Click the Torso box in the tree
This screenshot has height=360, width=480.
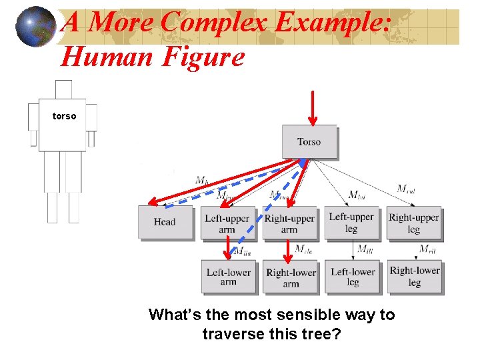(309, 141)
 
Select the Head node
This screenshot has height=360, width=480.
(164, 222)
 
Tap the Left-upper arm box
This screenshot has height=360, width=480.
(227, 223)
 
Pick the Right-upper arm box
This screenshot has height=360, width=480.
(289, 223)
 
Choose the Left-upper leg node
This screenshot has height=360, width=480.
(351, 223)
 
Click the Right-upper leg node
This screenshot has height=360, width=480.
(414, 223)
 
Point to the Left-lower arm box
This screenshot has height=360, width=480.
(228, 277)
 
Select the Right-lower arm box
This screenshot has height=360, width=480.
(291, 277)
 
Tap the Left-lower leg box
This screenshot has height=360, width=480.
(353, 277)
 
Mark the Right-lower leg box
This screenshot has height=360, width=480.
(414, 276)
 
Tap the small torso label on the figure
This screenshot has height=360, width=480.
(64, 117)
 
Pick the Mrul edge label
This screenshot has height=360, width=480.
(406, 189)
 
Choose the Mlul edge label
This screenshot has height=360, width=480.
(357, 195)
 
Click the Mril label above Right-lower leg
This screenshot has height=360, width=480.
(427, 249)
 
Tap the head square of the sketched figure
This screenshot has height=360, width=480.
(63, 89)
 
